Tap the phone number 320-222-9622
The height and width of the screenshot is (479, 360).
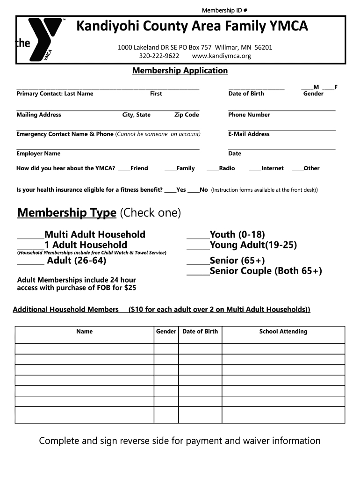pos(159,56)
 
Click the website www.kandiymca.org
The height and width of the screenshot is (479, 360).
pos(222,56)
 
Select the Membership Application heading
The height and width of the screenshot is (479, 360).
pos(180,71)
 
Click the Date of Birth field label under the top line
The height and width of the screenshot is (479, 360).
pos(246,94)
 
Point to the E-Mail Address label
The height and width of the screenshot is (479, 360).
pos(249,134)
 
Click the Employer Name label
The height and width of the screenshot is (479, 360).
pos(38,153)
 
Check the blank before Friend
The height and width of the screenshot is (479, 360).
pos(124,168)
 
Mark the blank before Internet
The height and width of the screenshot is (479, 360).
pos(255,168)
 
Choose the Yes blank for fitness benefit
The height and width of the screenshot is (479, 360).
pos(170,190)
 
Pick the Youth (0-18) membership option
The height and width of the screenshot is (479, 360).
pos(198,234)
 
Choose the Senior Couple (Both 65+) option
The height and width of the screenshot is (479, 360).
pos(198,271)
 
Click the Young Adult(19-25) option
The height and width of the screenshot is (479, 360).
pos(198,245)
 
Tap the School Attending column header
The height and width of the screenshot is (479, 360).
pos(283,332)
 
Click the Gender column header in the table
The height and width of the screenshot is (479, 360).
pos(166,332)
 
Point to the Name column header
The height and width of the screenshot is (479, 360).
pos(84,332)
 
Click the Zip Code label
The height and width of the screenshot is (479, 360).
pos(187,115)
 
